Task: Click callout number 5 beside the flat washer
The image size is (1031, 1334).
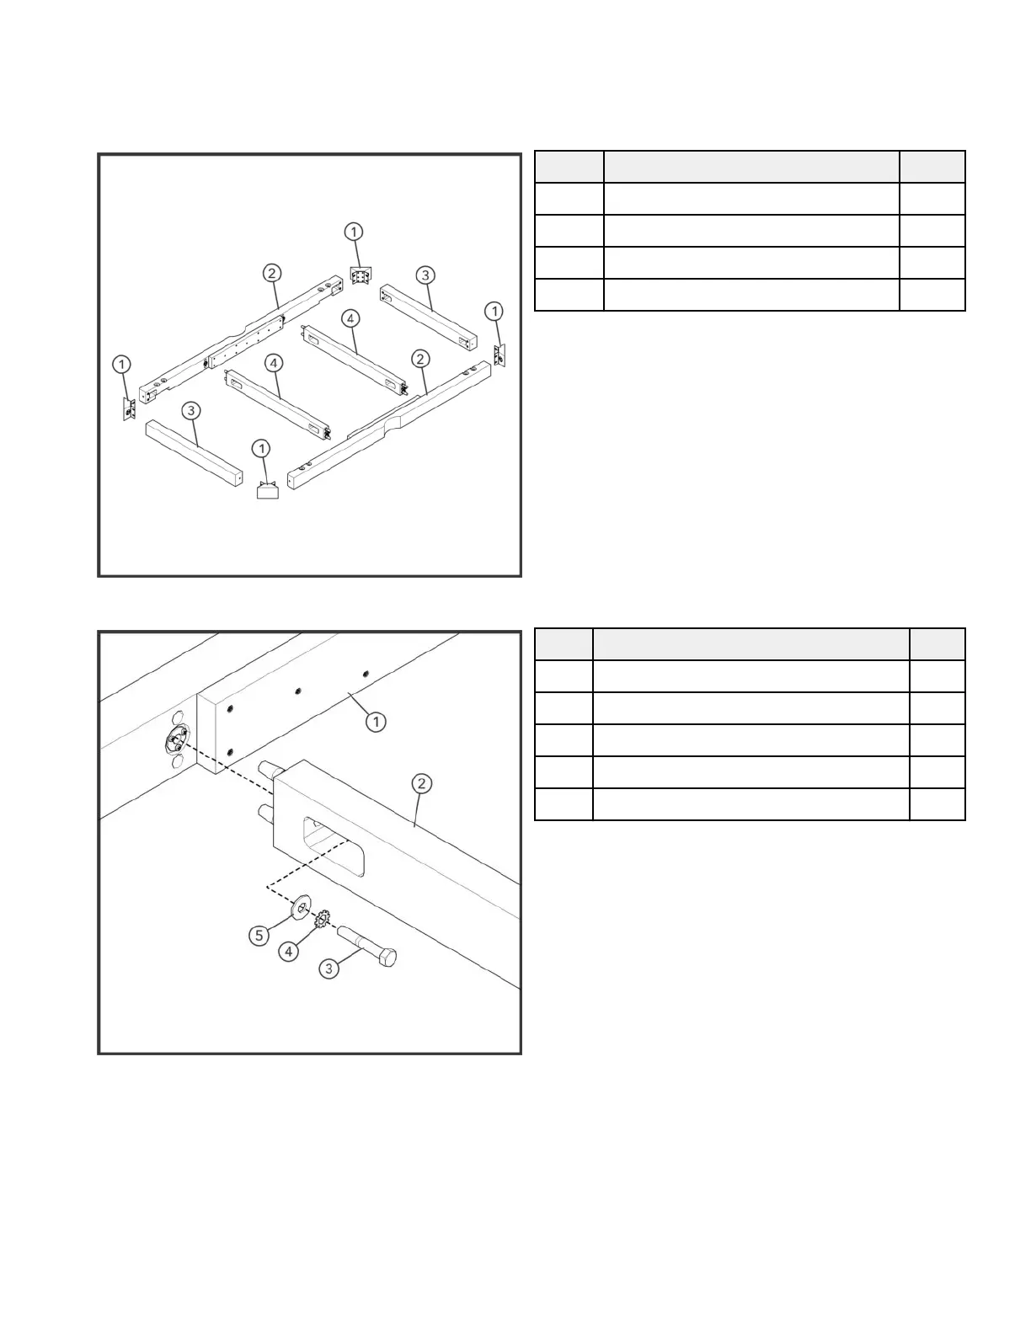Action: (x=260, y=936)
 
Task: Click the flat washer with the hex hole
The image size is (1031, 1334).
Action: (x=300, y=909)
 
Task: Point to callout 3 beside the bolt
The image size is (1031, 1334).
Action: (x=329, y=969)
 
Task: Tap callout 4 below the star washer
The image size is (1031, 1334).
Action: (x=289, y=952)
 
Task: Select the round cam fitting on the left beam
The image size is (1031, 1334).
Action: (x=174, y=741)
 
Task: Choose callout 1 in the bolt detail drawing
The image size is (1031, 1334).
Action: (x=376, y=722)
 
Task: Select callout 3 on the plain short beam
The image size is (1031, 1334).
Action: (x=192, y=410)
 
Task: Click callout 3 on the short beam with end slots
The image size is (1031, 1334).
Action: (x=425, y=275)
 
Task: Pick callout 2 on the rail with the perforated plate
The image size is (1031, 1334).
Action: (x=271, y=273)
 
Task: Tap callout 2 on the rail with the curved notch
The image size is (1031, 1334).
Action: (x=419, y=359)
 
